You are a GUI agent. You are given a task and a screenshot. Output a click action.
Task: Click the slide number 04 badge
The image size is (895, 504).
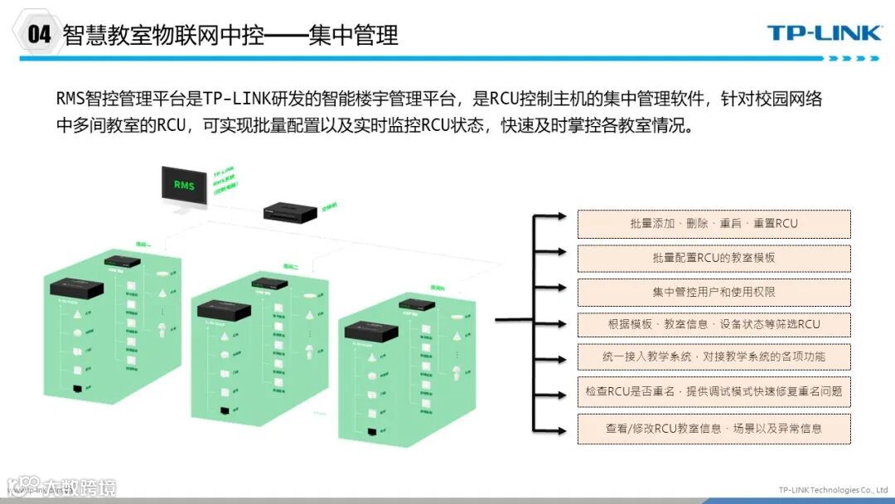(x=39, y=34)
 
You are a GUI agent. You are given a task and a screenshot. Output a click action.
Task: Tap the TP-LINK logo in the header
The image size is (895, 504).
(x=824, y=33)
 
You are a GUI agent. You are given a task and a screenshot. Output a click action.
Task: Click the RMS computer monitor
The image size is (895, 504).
(x=184, y=187)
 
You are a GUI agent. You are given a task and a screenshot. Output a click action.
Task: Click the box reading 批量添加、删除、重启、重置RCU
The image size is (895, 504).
(x=714, y=224)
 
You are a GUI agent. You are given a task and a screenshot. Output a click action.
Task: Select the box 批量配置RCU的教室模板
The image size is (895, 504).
(x=714, y=258)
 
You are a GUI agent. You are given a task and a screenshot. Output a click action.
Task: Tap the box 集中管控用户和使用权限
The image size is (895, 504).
(x=714, y=292)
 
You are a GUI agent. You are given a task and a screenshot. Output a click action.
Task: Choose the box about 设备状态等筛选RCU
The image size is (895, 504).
(x=714, y=324)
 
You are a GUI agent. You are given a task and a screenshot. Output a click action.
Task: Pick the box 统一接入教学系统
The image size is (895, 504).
(x=714, y=357)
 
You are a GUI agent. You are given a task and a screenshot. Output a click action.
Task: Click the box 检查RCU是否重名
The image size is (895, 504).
(x=714, y=391)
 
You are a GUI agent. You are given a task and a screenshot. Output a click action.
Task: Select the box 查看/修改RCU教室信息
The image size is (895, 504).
(x=714, y=429)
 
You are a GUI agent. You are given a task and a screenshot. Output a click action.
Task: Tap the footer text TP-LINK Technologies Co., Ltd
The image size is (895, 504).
(x=833, y=490)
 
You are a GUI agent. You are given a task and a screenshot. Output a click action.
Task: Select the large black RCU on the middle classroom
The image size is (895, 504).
(x=224, y=310)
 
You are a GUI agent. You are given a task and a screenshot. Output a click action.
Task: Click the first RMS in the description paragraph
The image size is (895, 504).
(x=72, y=99)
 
